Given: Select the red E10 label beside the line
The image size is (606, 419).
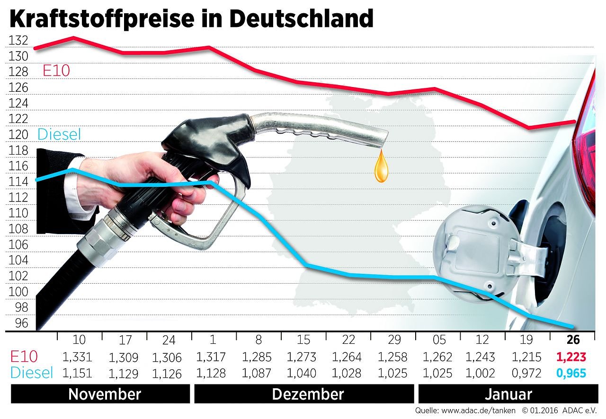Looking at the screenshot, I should pos(56,71).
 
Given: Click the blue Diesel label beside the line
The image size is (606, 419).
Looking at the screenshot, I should pos(59,134).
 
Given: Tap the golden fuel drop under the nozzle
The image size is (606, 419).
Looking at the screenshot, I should pos(381,167).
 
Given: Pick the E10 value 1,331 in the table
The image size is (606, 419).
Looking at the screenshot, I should pos(77,357).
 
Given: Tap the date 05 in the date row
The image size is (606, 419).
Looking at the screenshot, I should pos(437,340).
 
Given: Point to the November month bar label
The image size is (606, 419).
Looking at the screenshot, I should pos(104,394).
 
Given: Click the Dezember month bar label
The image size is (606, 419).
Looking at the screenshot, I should pos(307,394).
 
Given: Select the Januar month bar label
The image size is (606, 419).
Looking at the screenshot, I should pos(508,394).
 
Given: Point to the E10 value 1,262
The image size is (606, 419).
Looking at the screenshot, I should pos(437,357).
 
